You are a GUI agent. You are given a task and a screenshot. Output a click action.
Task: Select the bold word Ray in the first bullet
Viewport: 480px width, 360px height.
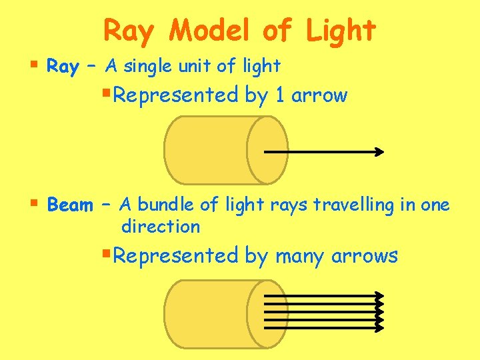click(63, 66)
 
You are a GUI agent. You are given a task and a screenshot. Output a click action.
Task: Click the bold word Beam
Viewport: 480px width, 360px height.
click(70, 205)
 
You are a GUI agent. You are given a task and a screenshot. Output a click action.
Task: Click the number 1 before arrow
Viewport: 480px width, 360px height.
click(280, 95)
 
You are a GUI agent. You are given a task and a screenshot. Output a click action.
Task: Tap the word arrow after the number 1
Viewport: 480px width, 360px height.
click(320, 95)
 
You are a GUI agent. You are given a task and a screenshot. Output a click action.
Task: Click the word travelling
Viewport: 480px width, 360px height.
click(349, 205)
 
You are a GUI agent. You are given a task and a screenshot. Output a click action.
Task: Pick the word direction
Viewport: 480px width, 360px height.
click(161, 227)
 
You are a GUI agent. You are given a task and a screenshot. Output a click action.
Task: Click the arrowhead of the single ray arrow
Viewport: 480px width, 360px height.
click(380, 152)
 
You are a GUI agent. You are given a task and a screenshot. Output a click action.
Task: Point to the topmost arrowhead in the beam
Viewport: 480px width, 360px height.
click(381, 295)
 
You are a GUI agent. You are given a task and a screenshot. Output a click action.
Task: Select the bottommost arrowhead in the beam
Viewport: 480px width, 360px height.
click(381, 328)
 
